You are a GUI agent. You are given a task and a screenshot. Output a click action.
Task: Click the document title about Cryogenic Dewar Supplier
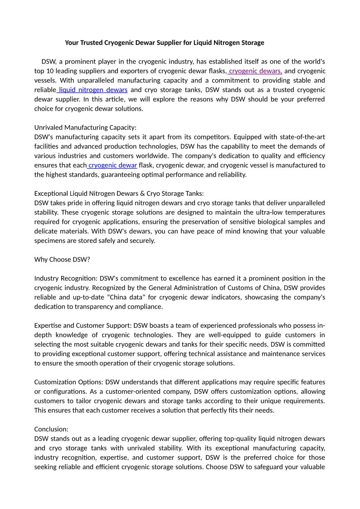164,43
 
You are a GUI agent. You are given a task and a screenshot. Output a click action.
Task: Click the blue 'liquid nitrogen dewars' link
93,90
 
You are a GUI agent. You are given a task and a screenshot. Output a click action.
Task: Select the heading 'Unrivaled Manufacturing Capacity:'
85,127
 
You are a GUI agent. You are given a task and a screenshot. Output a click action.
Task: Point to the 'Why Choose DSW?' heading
62,259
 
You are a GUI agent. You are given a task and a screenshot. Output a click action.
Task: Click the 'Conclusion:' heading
52,429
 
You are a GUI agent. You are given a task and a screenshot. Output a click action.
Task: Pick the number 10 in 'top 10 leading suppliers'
51,71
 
